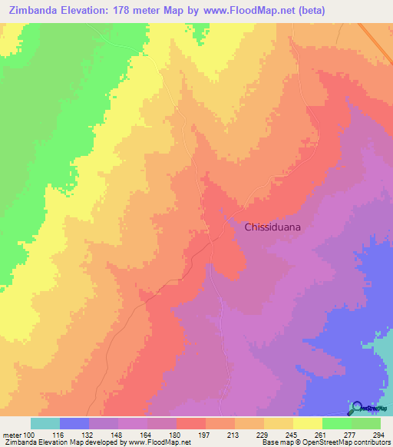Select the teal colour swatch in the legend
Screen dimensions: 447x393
45,423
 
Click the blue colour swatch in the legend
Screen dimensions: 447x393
74,423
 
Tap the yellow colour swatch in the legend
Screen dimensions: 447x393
307,423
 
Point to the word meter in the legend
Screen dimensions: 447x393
13,434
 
